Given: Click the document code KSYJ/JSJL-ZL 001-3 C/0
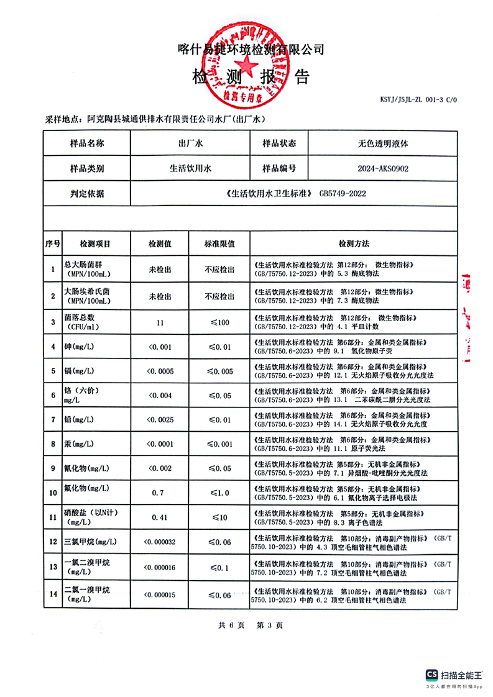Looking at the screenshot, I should [417, 99].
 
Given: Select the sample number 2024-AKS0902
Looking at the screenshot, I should [383, 168].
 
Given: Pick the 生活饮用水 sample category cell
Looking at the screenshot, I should [191, 168].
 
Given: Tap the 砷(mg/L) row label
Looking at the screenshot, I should [79, 347].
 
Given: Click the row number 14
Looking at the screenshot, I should [53, 595].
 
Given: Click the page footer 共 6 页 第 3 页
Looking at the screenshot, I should [246, 625].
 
